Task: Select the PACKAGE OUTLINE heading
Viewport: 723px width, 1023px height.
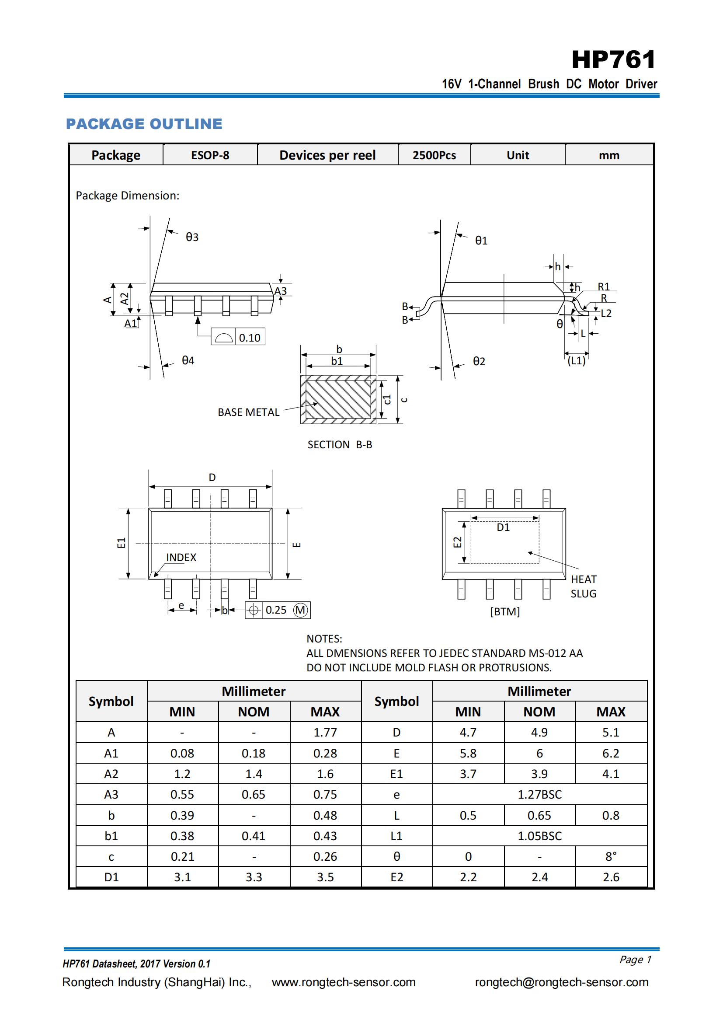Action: pyautogui.click(x=144, y=124)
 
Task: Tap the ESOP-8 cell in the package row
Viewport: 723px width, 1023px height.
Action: pyautogui.click(x=210, y=155)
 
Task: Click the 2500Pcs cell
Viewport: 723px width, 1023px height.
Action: pyautogui.click(x=434, y=155)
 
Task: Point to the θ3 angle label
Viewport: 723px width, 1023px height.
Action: pyautogui.click(x=192, y=237)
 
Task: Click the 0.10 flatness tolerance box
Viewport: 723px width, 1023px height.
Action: pyautogui.click(x=239, y=337)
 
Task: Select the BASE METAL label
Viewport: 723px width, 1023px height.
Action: pyautogui.click(x=248, y=412)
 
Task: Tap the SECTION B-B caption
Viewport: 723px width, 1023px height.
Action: pyautogui.click(x=340, y=444)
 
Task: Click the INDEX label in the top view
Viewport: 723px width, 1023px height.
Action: pyautogui.click(x=181, y=557)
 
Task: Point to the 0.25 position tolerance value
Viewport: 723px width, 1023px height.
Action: pyautogui.click(x=276, y=610)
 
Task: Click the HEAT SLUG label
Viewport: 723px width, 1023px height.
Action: pyautogui.click(x=584, y=587)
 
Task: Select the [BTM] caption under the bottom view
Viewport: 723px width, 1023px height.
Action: pyautogui.click(x=505, y=611)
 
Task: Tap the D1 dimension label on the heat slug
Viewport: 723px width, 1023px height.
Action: pyautogui.click(x=503, y=527)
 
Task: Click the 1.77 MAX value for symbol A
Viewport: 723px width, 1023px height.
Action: pyautogui.click(x=325, y=733)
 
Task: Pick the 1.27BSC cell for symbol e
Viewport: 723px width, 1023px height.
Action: pyautogui.click(x=539, y=794)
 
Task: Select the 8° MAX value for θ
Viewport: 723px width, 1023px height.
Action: pyautogui.click(x=611, y=856)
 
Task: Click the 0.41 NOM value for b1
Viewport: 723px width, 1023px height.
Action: pyautogui.click(x=254, y=836)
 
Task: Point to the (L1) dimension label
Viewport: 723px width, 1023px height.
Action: pyautogui.click(x=576, y=360)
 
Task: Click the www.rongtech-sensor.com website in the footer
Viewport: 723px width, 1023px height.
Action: pyautogui.click(x=344, y=982)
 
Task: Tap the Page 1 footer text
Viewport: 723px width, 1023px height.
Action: pyautogui.click(x=635, y=959)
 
